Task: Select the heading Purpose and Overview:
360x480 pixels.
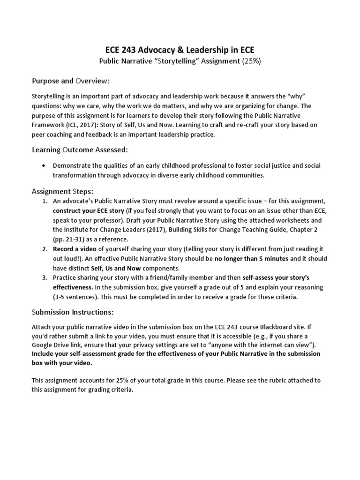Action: (x=70, y=81)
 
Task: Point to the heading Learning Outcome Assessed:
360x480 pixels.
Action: (x=79, y=150)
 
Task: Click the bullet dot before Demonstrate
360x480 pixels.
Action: (x=44, y=166)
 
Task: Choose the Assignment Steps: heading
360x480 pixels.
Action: (x=62, y=192)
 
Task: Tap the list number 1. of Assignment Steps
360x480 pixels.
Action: (x=45, y=201)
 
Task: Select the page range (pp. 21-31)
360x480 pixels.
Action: (x=70, y=239)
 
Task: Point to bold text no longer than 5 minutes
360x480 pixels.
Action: (x=252, y=258)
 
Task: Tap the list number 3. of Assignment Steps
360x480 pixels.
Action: (x=45, y=277)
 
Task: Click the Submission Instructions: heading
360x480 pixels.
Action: (x=72, y=312)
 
